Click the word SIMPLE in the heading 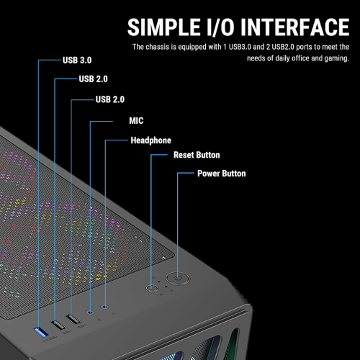[x=164, y=27]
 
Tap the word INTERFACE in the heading [x=294, y=27]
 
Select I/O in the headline [x=220, y=27]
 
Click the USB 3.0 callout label [x=77, y=60]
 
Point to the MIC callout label [x=136, y=121]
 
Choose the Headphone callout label [x=150, y=140]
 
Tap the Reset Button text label [x=197, y=155]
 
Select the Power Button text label [x=222, y=174]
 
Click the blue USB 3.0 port [x=41, y=332]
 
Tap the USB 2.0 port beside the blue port [x=58, y=325]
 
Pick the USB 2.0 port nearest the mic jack [x=73, y=319]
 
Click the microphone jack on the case [x=90, y=312]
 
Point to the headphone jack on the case [x=104, y=307]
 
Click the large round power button [x=178, y=279]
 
